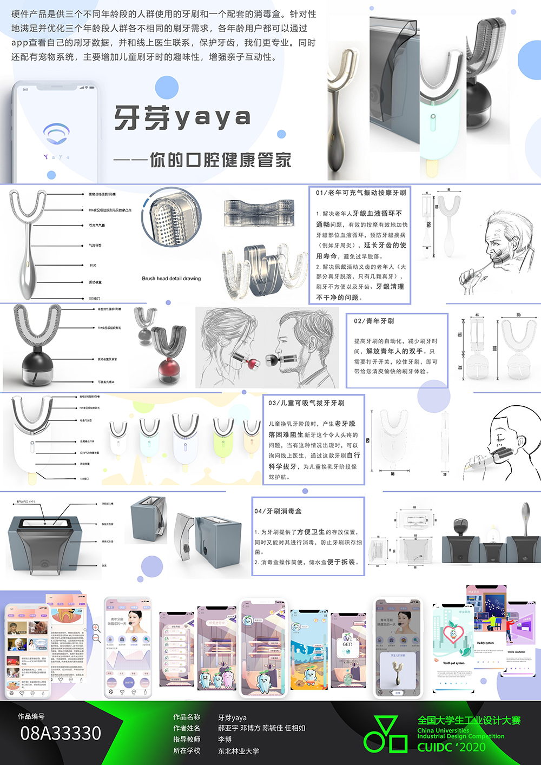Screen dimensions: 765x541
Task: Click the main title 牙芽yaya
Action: pos(182,118)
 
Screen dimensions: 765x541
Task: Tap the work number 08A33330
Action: pos(61,734)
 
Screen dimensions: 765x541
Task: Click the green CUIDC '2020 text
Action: pos(451,747)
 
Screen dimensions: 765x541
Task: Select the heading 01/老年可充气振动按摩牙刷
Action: pos(361,193)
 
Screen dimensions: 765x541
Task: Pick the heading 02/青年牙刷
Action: pos(374,321)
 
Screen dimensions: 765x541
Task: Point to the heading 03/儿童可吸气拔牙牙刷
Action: pos(306,403)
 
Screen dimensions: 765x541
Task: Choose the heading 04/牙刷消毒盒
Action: pos(278,511)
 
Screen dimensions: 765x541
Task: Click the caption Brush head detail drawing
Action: pos(171,279)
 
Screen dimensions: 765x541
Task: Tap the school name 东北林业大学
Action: pos(239,751)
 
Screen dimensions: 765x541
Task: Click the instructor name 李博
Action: pos(225,740)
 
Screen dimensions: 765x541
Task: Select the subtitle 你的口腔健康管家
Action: pos(221,160)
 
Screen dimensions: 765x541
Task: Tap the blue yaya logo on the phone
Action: pos(57,134)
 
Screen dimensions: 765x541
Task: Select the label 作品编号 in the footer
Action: pos(31,716)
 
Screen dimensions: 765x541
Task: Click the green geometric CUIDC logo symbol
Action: pos(385,735)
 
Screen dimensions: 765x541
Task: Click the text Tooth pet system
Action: pos(453,663)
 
